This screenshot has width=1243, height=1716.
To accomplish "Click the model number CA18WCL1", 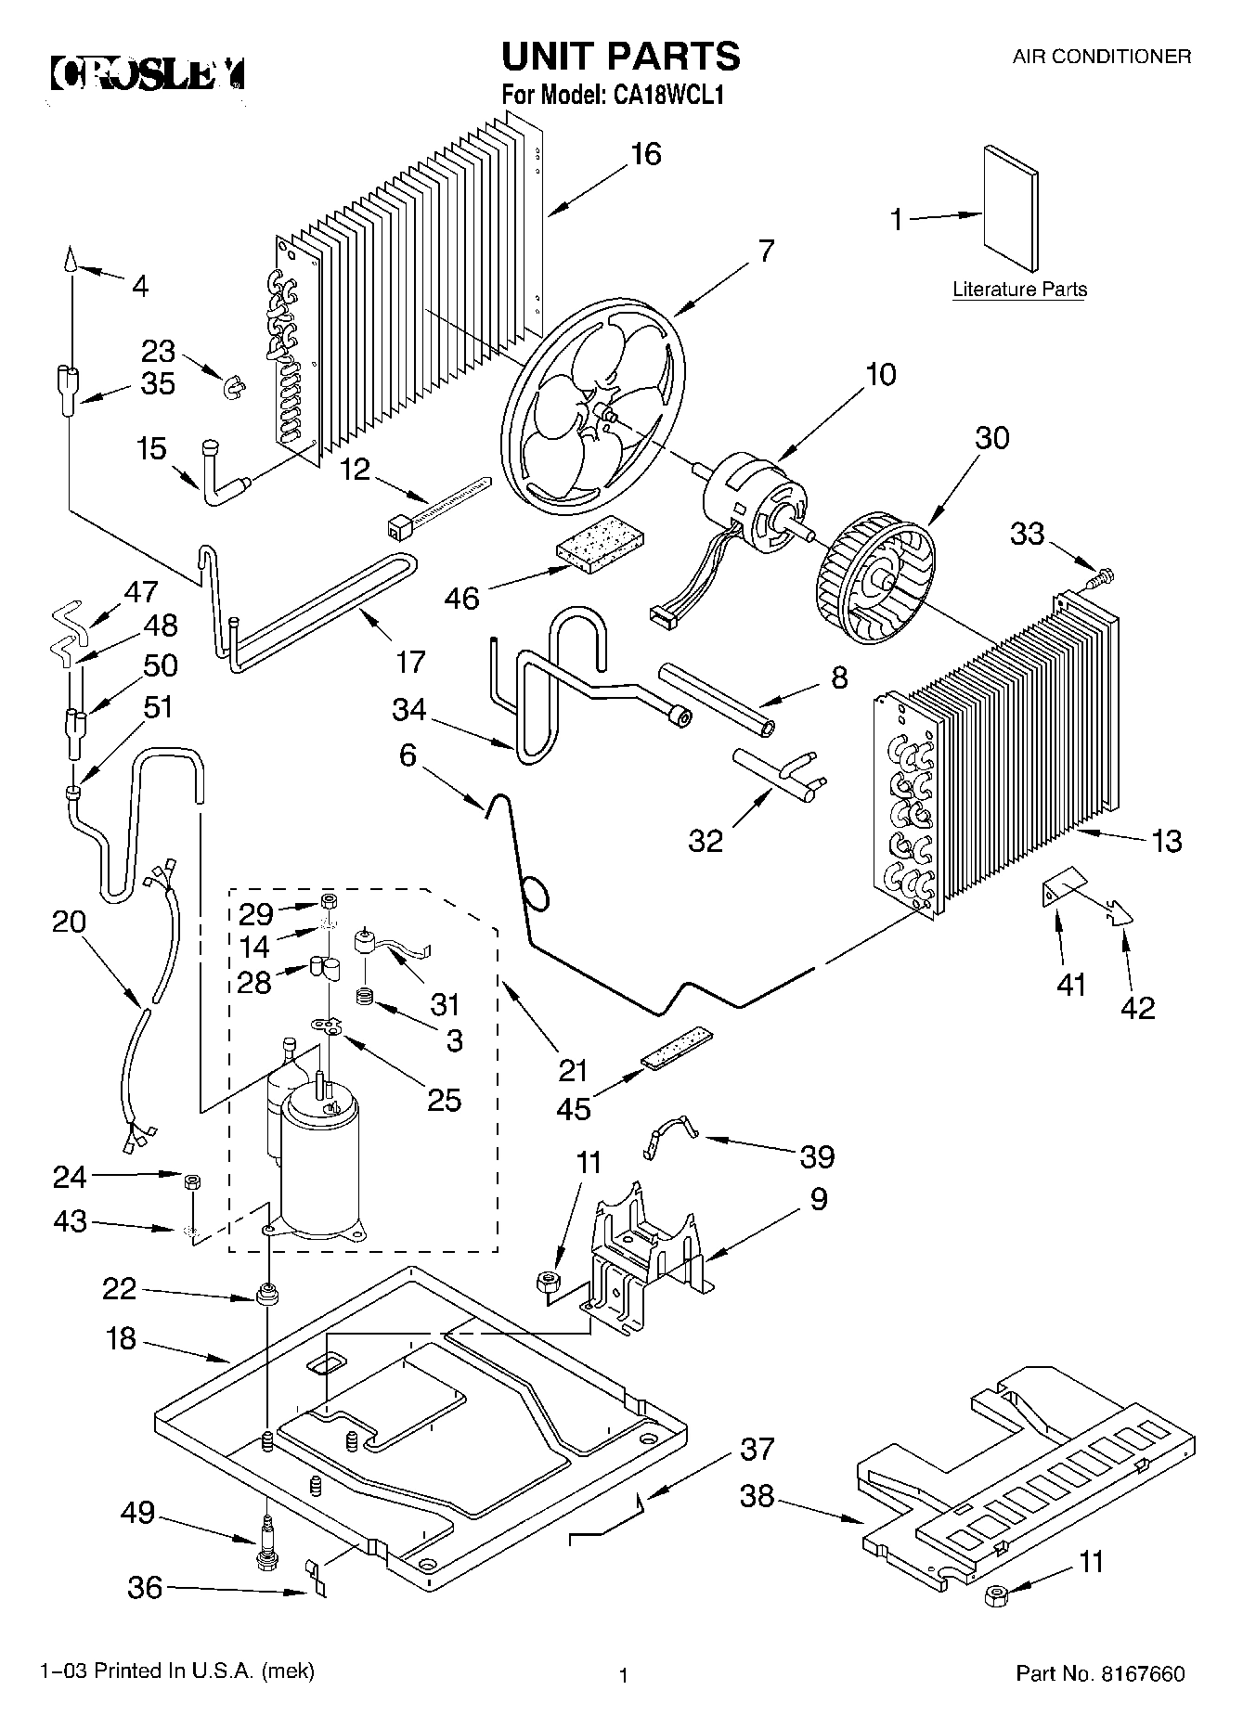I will coord(666,96).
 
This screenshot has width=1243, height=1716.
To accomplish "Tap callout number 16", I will coord(645,154).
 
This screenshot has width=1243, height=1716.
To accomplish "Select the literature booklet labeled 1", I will coord(1011,211).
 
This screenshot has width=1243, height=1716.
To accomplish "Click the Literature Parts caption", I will coord(1019,290).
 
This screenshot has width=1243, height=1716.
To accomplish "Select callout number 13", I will coord(1166,841).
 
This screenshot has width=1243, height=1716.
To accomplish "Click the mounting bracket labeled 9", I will coord(645,1248).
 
